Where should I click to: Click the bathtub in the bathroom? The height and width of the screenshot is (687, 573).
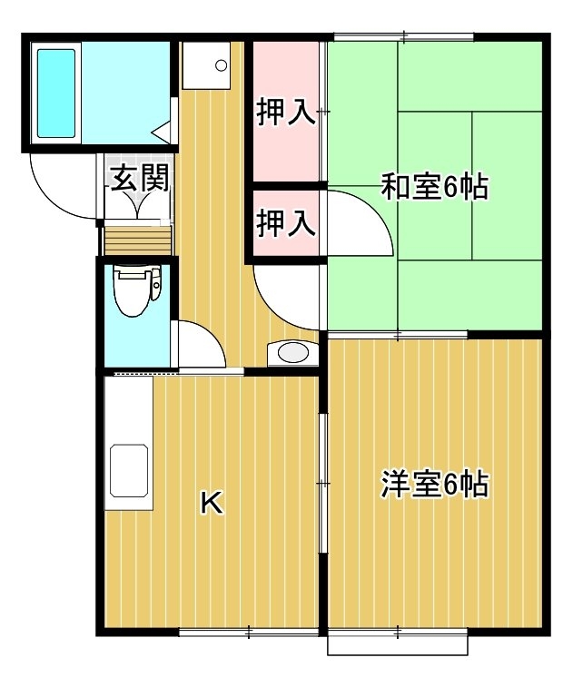56,93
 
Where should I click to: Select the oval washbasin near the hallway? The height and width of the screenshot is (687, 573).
293,353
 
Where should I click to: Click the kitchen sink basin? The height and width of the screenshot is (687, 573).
129,471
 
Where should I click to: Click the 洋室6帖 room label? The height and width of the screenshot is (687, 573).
434,484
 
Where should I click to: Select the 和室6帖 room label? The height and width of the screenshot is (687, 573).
434,187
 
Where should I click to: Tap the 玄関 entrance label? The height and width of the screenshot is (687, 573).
140,178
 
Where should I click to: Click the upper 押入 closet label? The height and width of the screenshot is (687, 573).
286,113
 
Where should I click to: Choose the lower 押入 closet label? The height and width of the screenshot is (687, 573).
286,222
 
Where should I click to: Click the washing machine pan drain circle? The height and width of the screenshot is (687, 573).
222,65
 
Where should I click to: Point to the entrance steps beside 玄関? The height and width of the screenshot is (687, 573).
137,240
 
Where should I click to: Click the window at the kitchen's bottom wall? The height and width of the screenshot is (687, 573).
249,632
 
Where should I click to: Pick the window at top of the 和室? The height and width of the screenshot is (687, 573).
404,37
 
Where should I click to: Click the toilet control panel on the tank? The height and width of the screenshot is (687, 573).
155,285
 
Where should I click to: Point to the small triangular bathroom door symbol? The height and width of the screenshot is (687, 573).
162,132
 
